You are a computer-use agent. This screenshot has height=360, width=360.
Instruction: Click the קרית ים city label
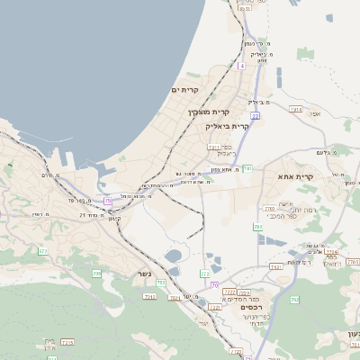pyautogui.click(x=184, y=90)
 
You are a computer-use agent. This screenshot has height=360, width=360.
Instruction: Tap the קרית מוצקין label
pyautogui.click(x=203, y=112)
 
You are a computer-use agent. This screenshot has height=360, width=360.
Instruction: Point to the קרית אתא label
pyautogui.click(x=298, y=176)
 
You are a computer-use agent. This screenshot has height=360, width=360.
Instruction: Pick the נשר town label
pyautogui.click(x=144, y=274)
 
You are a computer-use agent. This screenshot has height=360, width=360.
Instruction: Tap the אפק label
pyautogui.click(x=314, y=114)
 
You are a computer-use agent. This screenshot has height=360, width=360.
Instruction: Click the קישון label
pyautogui.click(x=114, y=218)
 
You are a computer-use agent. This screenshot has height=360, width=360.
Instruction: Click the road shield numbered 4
pyautogui.click(x=241, y=66)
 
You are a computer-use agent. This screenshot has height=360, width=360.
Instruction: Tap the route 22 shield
pyautogui.click(x=256, y=116)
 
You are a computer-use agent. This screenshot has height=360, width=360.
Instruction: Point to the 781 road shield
pyautogui.click(x=247, y=168)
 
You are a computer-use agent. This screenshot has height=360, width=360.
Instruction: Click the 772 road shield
pyautogui.click(x=205, y=272)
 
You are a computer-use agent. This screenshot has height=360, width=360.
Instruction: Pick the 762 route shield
pyautogui.click(x=294, y=299)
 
